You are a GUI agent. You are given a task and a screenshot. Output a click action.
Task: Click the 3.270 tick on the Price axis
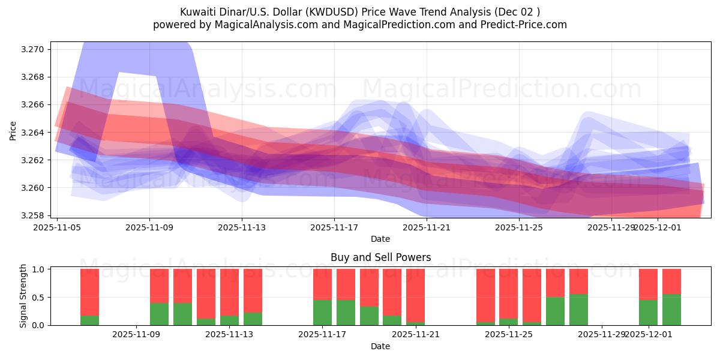[x=34, y=49]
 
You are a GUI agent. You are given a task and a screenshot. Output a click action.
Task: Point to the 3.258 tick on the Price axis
[x=34, y=215]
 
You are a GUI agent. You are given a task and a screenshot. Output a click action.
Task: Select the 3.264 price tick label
[x=34, y=133]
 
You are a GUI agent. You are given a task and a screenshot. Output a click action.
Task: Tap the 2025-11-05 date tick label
[x=57, y=227]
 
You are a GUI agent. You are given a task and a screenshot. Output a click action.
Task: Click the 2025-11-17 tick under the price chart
[x=334, y=227]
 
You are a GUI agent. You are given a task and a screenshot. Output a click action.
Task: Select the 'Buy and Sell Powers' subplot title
[x=380, y=257]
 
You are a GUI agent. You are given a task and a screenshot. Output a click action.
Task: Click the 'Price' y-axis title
[x=13, y=131]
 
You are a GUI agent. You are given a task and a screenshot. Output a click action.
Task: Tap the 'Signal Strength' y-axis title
[x=23, y=296]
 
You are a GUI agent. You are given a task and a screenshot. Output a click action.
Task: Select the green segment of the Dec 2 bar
[x=671, y=310]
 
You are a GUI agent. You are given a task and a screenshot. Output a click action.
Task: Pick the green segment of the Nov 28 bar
[x=578, y=310]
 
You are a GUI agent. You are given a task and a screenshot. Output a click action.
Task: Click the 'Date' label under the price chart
[x=380, y=239]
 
